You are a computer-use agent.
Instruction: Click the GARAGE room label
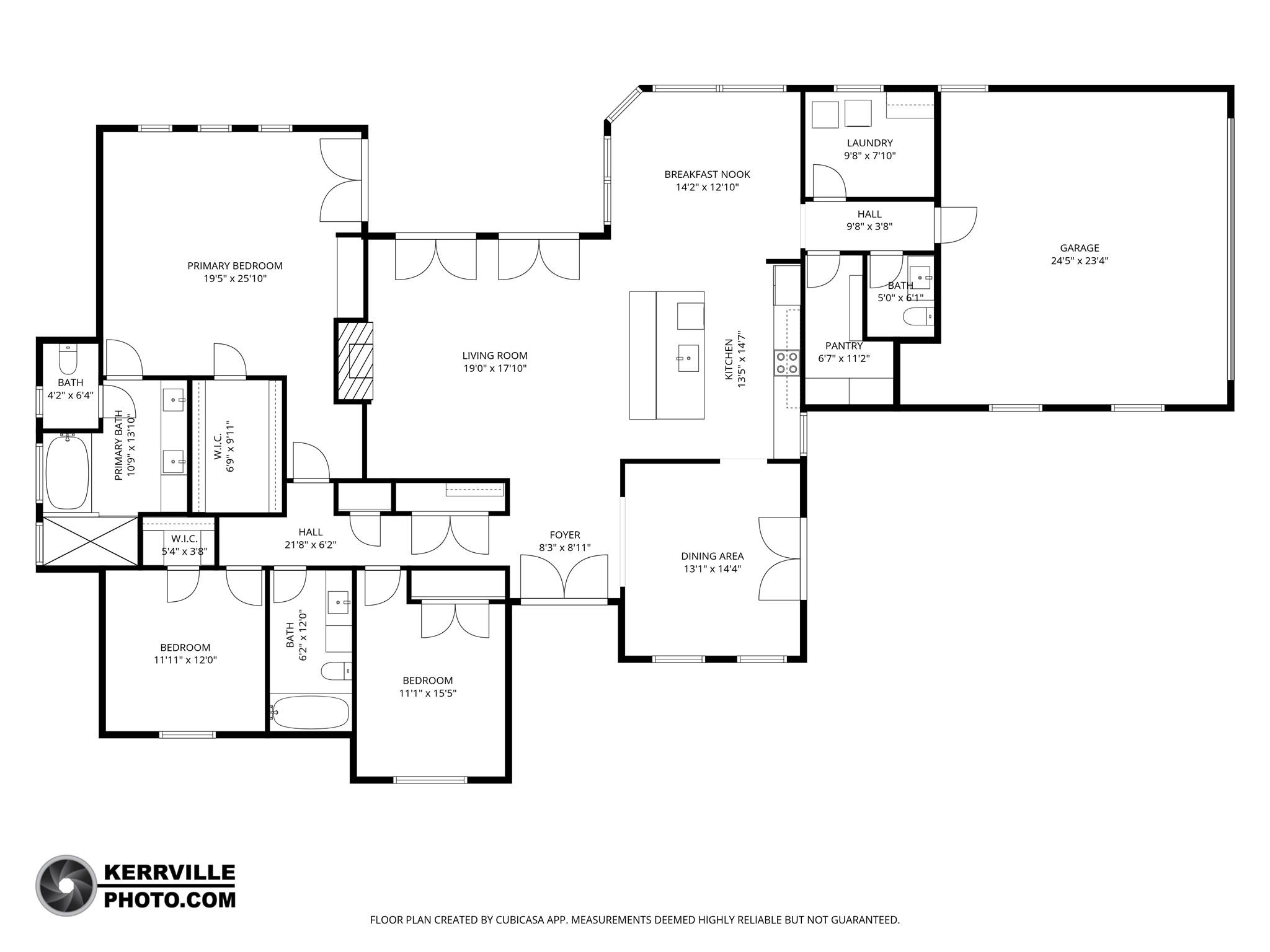click(x=1079, y=248)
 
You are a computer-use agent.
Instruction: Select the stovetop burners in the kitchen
click(x=787, y=363)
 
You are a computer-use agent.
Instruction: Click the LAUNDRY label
click(x=869, y=143)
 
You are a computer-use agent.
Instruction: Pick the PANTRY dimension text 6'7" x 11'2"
click(x=843, y=358)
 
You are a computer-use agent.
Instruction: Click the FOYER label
click(x=564, y=535)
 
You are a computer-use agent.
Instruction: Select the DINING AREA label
click(x=712, y=557)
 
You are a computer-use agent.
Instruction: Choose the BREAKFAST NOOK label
click(x=707, y=175)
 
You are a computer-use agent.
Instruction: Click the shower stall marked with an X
click(x=91, y=541)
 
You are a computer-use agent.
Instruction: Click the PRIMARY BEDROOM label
click(x=235, y=266)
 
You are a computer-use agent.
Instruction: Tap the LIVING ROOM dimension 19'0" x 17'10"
click(x=494, y=369)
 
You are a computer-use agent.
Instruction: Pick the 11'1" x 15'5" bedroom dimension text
click(x=427, y=694)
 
